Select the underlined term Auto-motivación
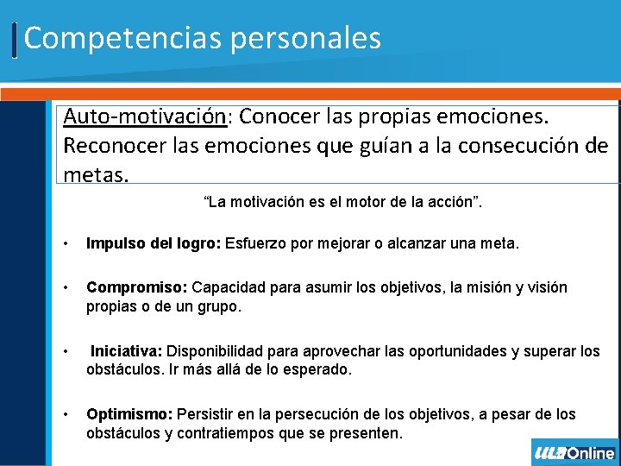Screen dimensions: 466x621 point(141,116)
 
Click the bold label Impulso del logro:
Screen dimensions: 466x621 point(154,244)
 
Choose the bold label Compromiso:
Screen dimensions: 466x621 point(137,287)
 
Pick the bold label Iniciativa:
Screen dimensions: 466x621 point(127,351)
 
